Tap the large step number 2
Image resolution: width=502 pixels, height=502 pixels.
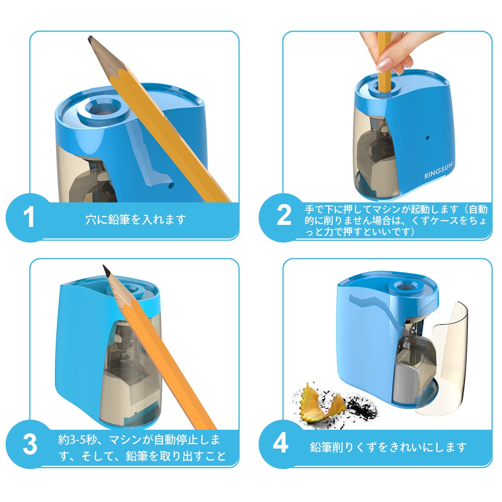(x=284, y=215)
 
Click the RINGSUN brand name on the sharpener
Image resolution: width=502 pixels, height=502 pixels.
(x=439, y=170)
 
